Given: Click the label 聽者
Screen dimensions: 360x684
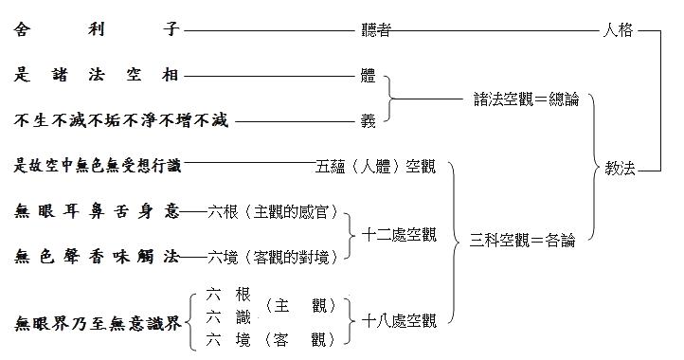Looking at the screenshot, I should pos(376,30).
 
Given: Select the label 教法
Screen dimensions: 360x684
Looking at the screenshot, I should pos(621,169).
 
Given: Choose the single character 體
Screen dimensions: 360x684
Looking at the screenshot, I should pos(368,75).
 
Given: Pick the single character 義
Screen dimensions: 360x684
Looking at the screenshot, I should pos(368,120).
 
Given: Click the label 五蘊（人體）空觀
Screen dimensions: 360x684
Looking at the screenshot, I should pos(377,167).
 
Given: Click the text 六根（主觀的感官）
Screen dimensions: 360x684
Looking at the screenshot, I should pos(272,211).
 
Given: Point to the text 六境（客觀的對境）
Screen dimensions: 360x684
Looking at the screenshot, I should pos(272,256).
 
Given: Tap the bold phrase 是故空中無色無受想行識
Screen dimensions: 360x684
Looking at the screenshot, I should pos(98,167).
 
